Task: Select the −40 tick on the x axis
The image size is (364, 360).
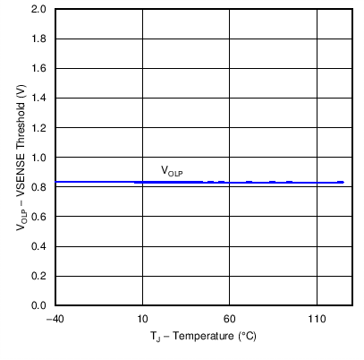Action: click(55, 319)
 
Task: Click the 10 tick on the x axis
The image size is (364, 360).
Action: click(142, 319)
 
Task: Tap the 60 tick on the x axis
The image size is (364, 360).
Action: click(229, 319)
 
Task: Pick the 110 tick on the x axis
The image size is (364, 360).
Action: click(317, 319)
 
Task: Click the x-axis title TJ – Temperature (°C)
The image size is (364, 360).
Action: click(203, 339)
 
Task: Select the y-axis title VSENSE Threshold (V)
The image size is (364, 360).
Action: click(20, 158)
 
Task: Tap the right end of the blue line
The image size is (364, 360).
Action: click(343, 182)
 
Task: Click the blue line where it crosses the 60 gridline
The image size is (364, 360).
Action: click(229, 182)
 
